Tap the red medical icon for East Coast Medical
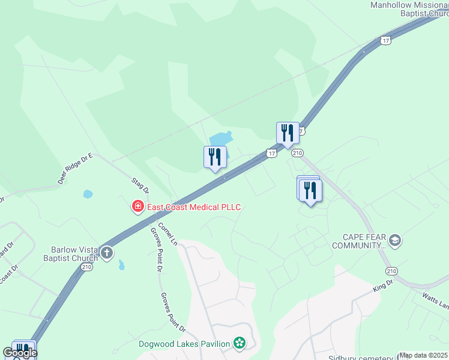point(138,207)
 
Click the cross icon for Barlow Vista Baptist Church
point(107,253)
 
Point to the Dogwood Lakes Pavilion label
point(184,344)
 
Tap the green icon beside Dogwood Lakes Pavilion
point(240,343)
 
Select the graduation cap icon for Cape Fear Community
point(395,241)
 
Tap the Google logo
point(20,353)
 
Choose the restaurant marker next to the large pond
point(215,157)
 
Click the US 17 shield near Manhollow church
point(385,40)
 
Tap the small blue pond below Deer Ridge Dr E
point(88,194)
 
